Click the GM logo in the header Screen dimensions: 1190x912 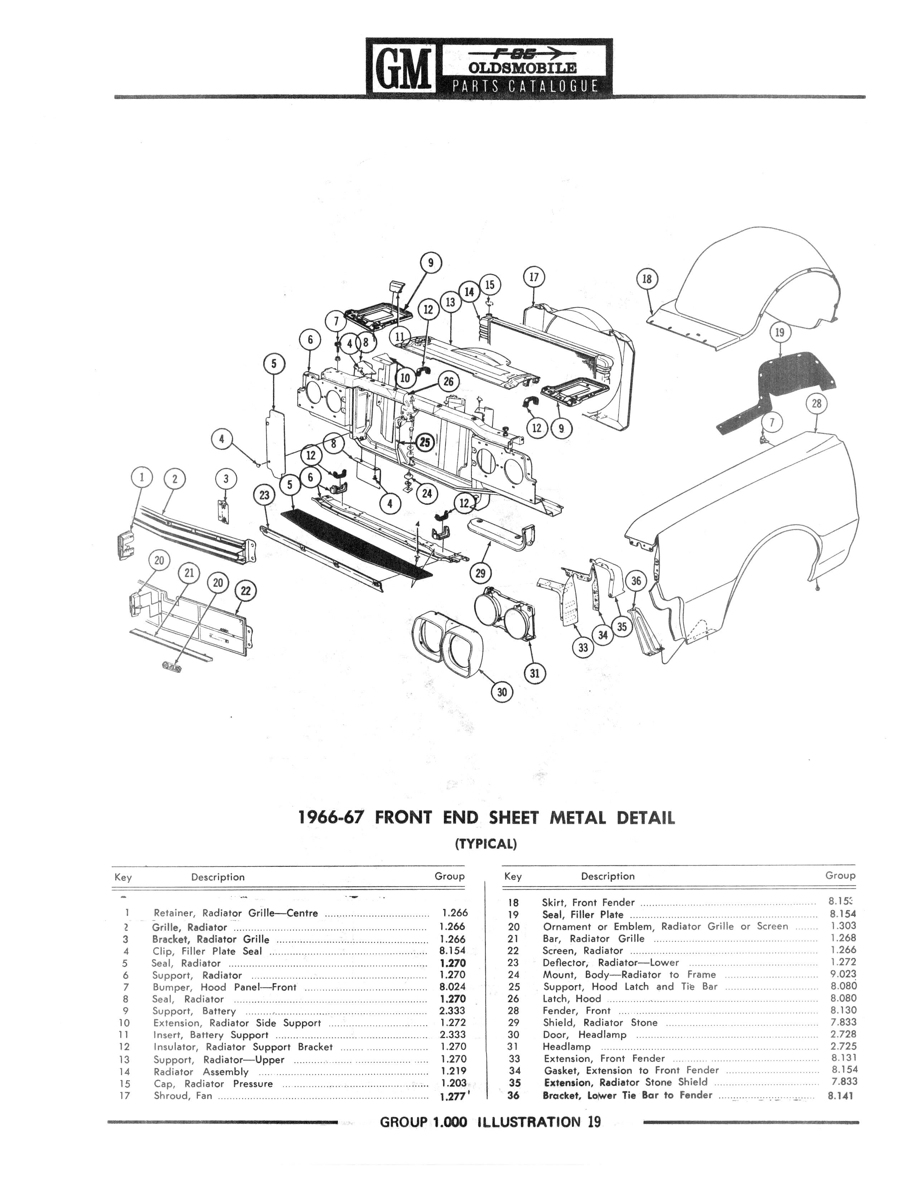coord(403,68)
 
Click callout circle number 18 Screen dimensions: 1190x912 coord(646,279)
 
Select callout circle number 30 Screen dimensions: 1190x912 coord(502,692)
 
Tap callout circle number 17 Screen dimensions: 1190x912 coord(534,277)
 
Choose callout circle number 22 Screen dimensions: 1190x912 coord(246,591)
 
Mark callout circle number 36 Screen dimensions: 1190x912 coord(636,581)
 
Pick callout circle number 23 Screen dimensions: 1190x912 coord(265,495)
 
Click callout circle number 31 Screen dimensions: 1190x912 coord(535,673)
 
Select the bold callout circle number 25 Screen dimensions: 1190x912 coord(425,442)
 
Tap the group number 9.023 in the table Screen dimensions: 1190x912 coord(843,975)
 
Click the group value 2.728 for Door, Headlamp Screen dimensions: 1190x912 coord(843,1035)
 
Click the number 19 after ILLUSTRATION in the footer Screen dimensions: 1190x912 coord(593,1122)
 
